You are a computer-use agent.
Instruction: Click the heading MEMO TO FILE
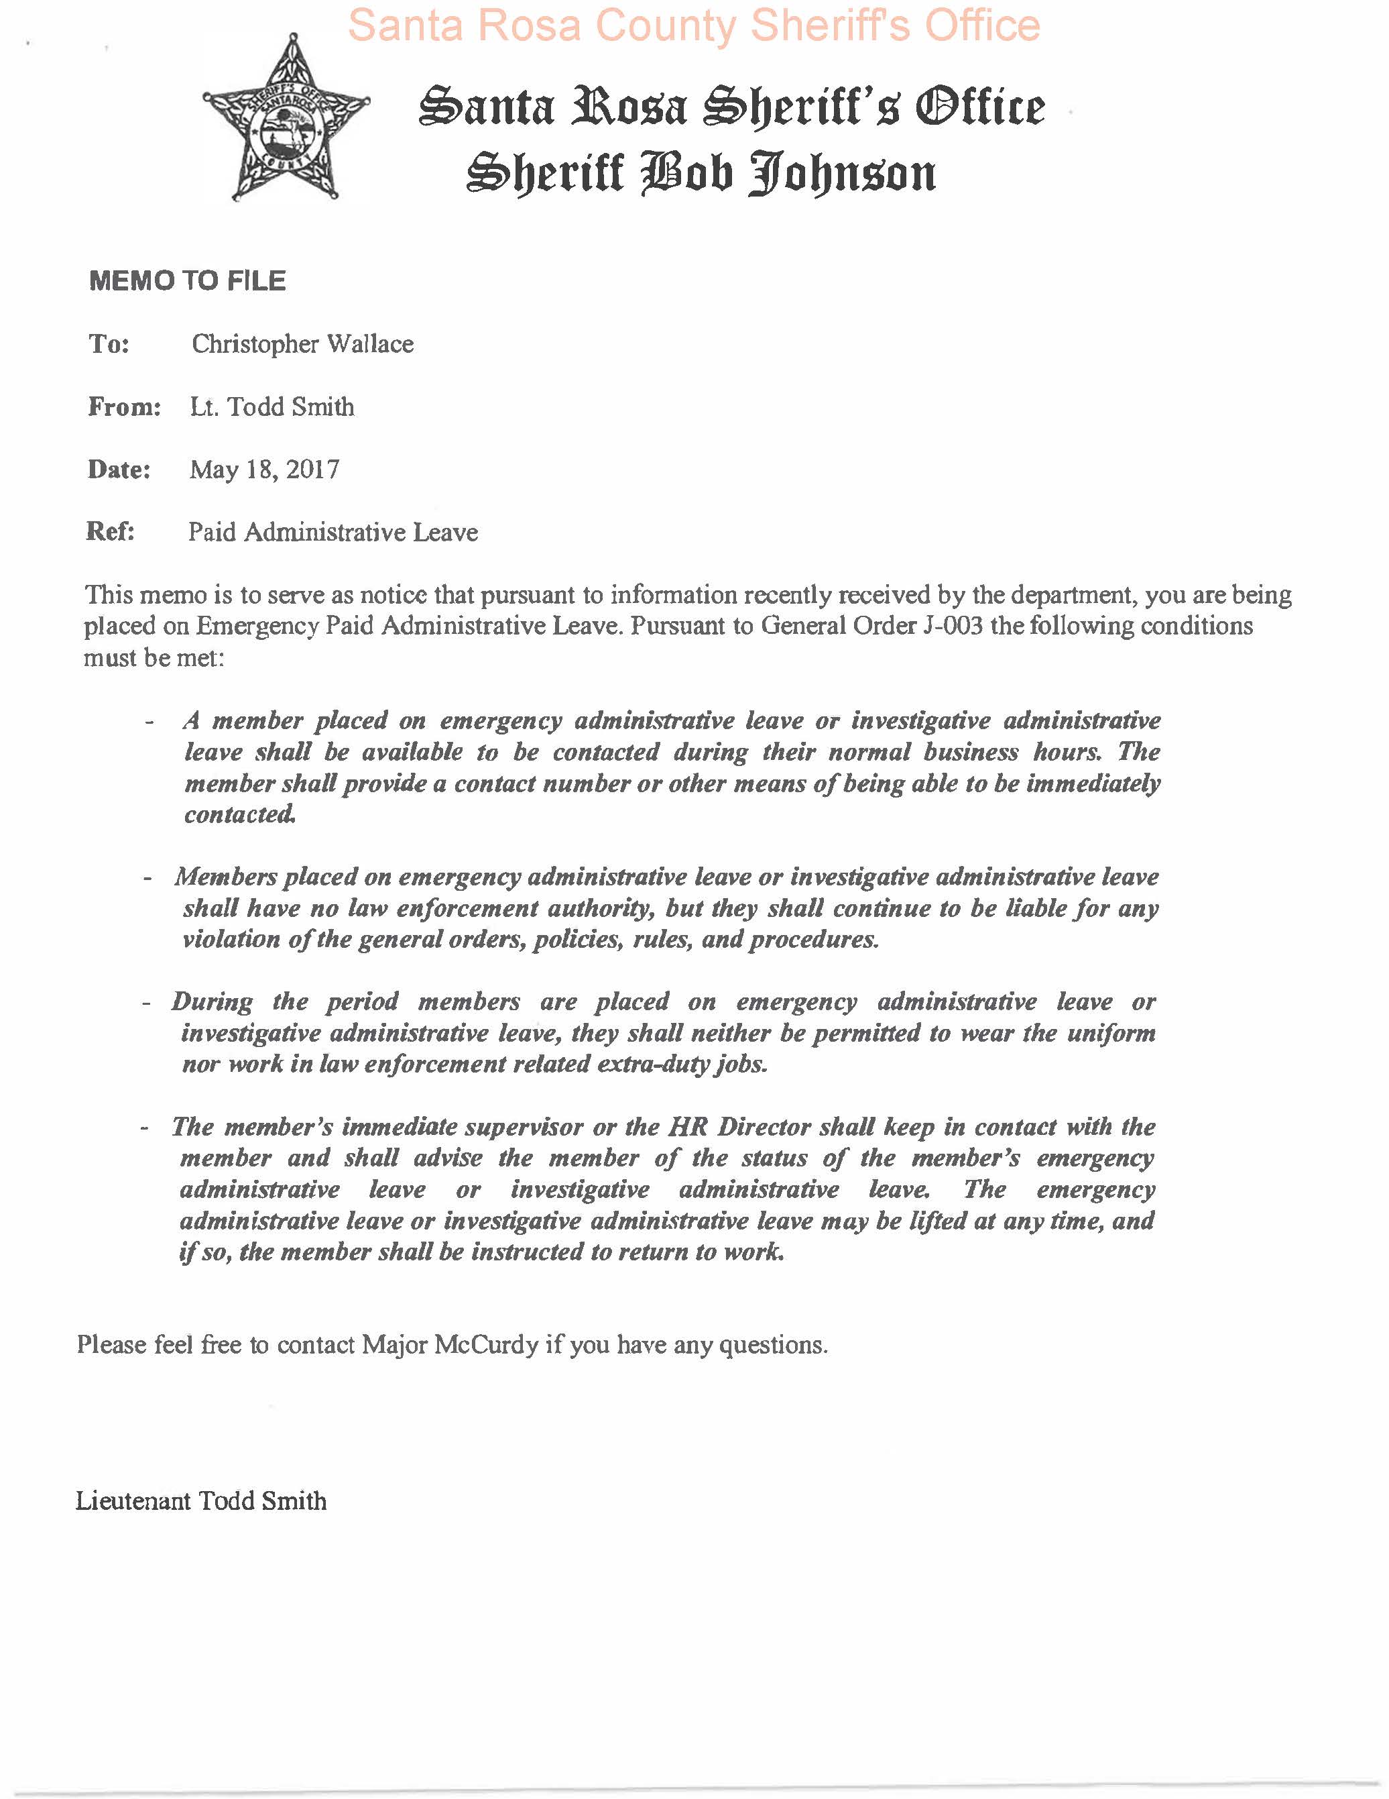click(187, 281)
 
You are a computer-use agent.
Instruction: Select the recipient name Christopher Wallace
click(302, 343)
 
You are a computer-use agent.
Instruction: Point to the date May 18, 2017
click(263, 470)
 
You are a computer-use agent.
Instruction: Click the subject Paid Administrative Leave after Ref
click(333, 532)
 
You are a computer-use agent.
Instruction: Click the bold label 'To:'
click(109, 343)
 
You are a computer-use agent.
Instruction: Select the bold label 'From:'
click(123, 407)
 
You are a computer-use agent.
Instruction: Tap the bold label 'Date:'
click(119, 470)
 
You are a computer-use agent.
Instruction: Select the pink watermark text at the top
click(693, 25)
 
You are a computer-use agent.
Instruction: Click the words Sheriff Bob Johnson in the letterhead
click(701, 174)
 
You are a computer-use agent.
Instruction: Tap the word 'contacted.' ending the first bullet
click(239, 815)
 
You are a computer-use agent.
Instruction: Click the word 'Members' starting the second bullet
click(226, 877)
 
